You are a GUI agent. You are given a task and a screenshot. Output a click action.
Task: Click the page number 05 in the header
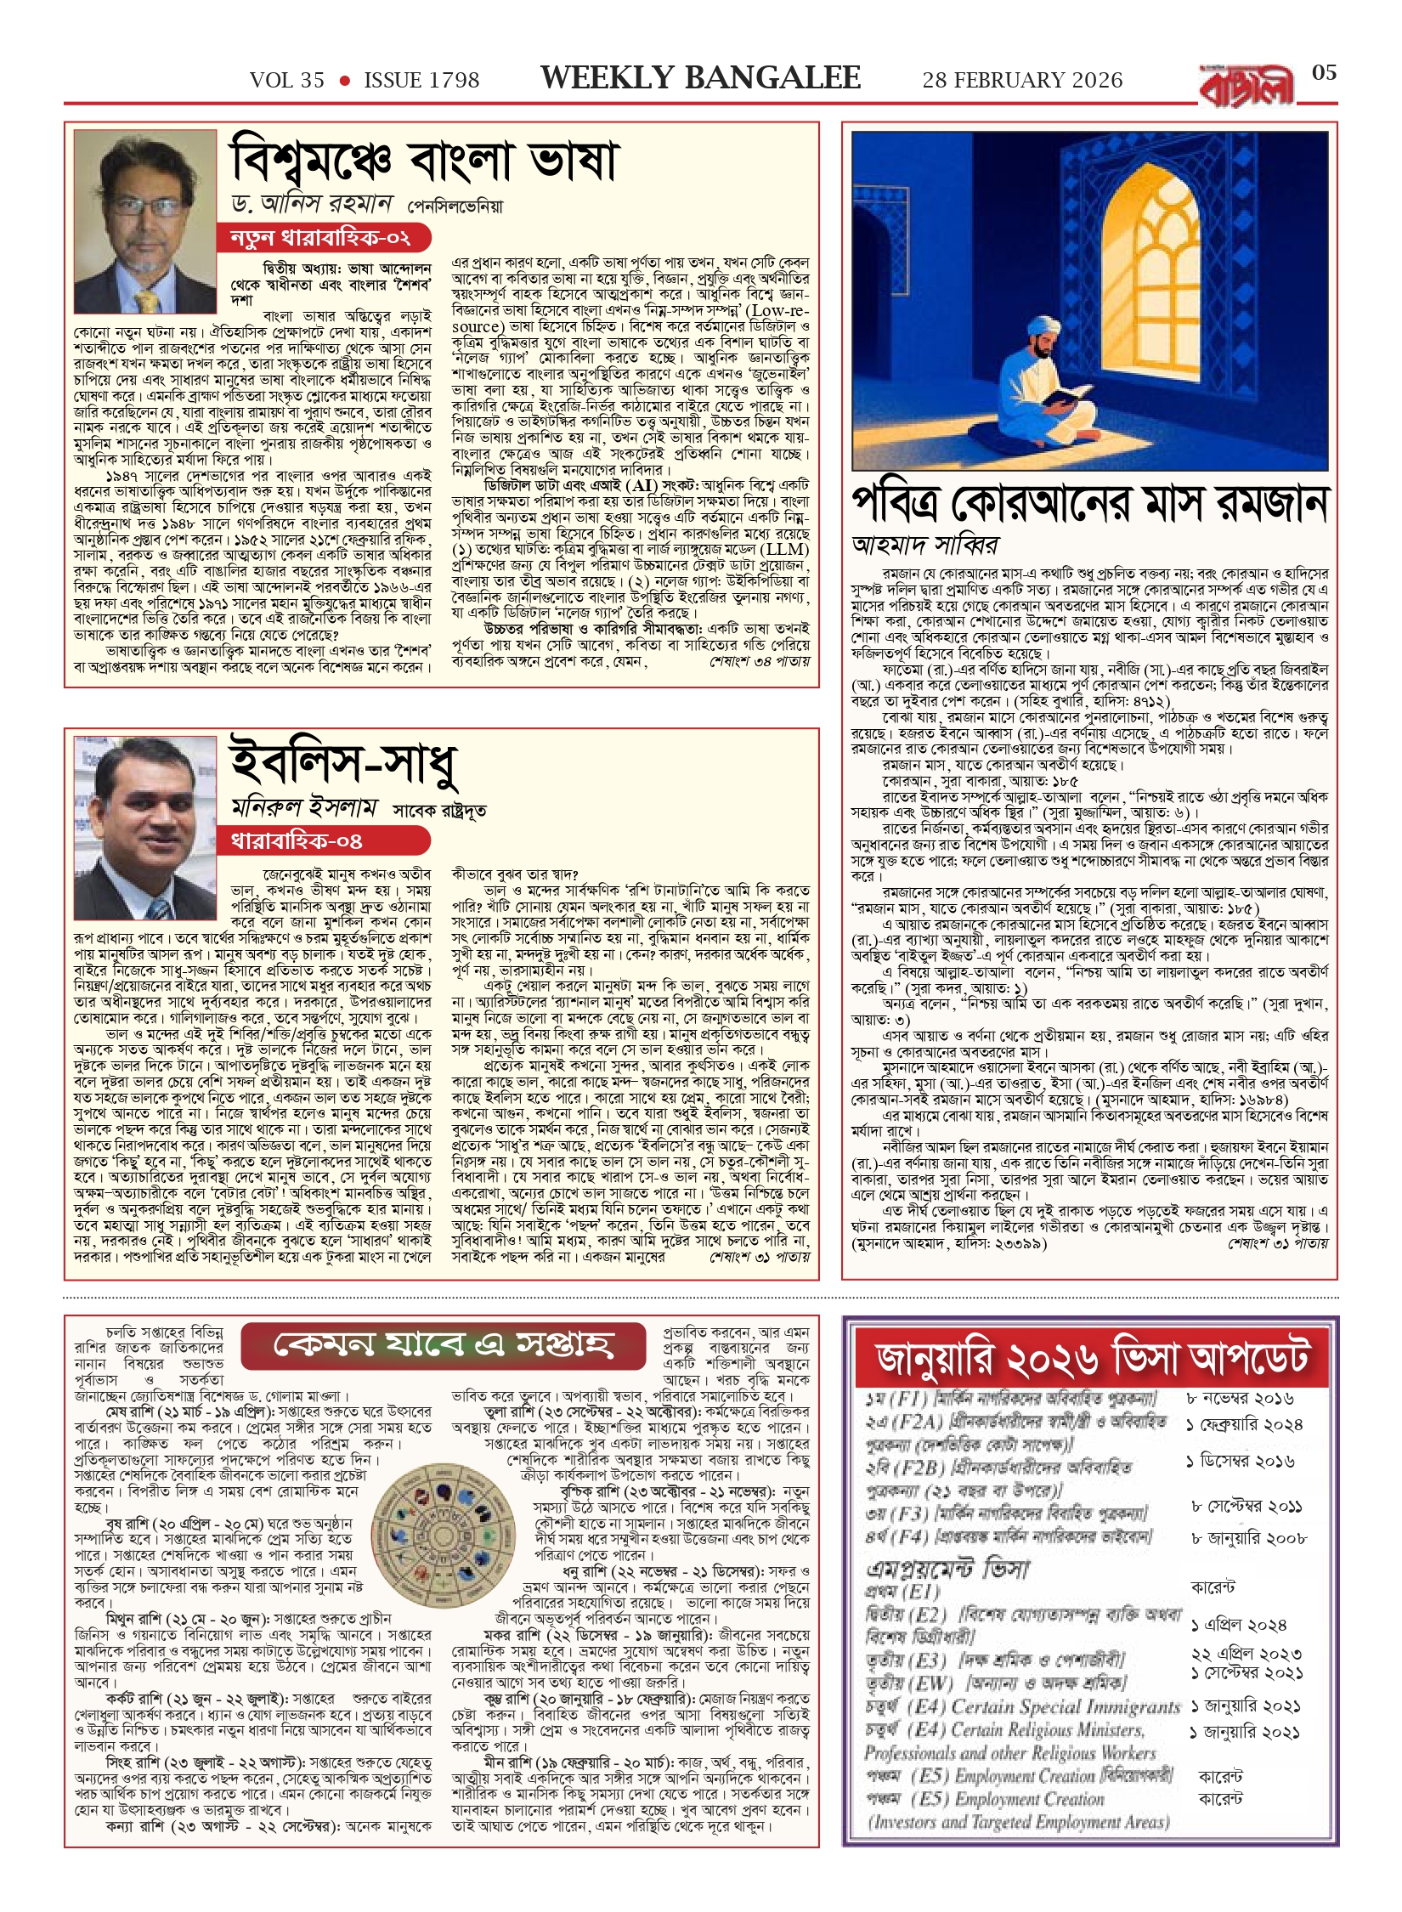(x=1324, y=72)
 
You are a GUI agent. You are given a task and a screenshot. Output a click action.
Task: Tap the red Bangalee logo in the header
(x=1247, y=86)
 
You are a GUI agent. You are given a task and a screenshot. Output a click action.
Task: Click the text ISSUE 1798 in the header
(x=421, y=81)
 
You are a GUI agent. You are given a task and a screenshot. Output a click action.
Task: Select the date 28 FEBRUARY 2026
(x=1022, y=81)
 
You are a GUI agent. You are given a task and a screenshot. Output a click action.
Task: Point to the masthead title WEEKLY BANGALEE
(x=700, y=78)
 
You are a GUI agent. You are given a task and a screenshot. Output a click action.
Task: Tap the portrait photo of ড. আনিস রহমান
(x=145, y=223)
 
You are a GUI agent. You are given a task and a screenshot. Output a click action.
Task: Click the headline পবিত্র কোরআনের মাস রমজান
(x=1089, y=504)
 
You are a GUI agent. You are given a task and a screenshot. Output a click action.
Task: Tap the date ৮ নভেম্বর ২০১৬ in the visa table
(x=1239, y=1400)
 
